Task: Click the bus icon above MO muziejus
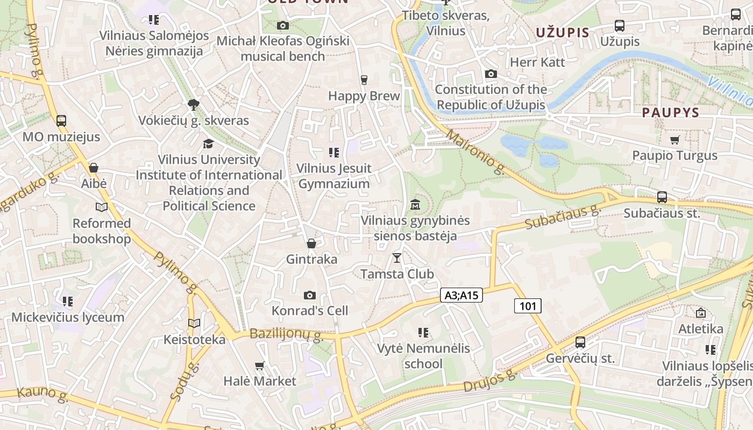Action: click(x=61, y=121)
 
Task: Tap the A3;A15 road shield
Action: click(x=461, y=295)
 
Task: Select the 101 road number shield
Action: click(x=528, y=306)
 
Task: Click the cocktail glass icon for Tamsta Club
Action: click(x=397, y=258)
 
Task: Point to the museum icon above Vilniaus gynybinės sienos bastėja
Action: click(x=415, y=205)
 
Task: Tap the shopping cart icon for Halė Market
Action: click(x=260, y=365)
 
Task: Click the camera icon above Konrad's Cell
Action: click(x=309, y=295)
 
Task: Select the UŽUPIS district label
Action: click(x=563, y=33)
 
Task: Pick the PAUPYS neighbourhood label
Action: click(x=670, y=113)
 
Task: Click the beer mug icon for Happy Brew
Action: click(x=364, y=80)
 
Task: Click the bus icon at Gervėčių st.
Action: click(x=580, y=342)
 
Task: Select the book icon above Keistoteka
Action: click(x=194, y=323)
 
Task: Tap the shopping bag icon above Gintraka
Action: click(x=311, y=243)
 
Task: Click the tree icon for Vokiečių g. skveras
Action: click(x=193, y=104)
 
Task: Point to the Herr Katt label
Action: click(x=537, y=62)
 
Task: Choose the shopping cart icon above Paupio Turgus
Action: click(x=674, y=140)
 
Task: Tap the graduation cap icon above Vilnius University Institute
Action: click(x=208, y=144)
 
